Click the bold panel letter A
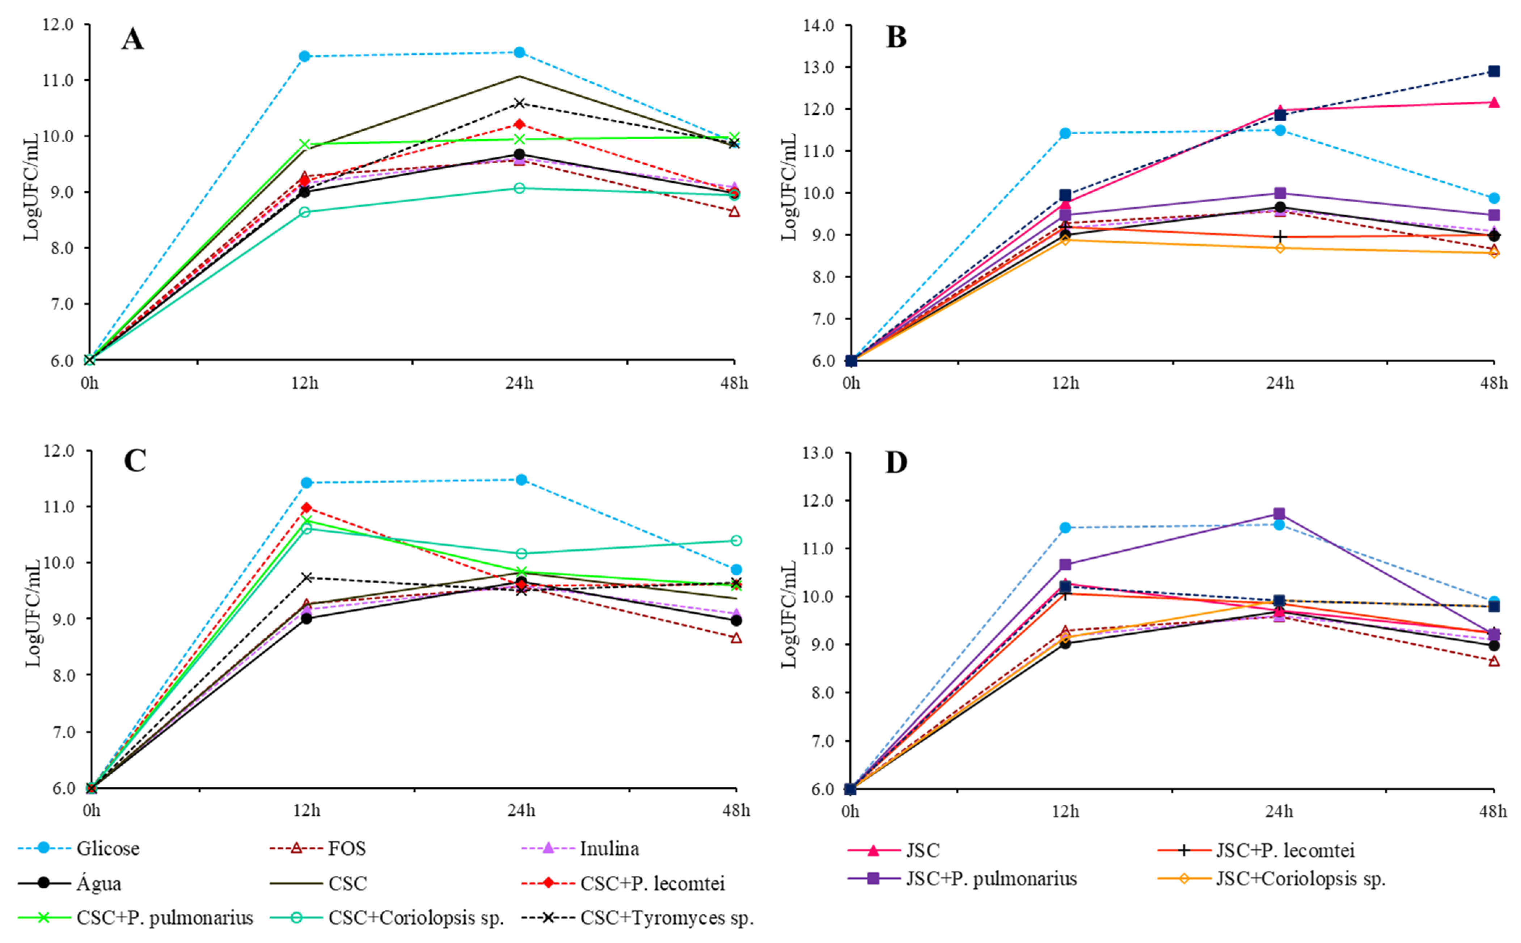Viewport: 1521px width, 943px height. (x=132, y=40)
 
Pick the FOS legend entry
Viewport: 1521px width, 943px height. (x=347, y=848)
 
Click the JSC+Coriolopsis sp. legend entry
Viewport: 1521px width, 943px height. (x=1300, y=878)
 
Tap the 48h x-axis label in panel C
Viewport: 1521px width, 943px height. (x=736, y=810)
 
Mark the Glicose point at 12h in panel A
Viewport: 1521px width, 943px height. (x=305, y=56)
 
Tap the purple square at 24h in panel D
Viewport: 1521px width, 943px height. (x=1279, y=514)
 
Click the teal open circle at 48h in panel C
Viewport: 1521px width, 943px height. (x=736, y=540)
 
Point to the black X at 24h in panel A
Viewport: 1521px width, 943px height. (x=519, y=103)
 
